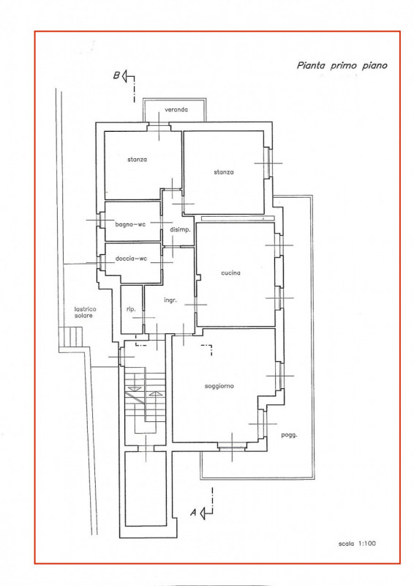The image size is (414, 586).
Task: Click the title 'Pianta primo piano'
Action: [342, 66]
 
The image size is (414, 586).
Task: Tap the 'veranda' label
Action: [176, 109]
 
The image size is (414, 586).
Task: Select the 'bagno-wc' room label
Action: [130, 224]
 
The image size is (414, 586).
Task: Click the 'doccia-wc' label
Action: [131, 259]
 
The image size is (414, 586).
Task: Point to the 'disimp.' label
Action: [181, 230]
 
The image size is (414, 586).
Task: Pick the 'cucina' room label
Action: [230, 272]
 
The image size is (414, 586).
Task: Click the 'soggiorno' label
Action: [219, 386]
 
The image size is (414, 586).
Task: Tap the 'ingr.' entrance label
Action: [170, 300]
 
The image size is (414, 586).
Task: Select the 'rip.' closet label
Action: [131, 309]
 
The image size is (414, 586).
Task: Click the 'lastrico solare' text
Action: [85, 313]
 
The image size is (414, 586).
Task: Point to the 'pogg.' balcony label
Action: [289, 435]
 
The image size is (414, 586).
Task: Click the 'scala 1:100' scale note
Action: [357, 544]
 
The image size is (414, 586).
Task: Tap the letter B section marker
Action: [116, 75]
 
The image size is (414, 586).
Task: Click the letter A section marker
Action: [193, 512]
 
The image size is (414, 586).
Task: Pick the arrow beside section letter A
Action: [206, 513]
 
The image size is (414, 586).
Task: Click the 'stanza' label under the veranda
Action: [137, 160]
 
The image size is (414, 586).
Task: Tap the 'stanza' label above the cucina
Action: [224, 172]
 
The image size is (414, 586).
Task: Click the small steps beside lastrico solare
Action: [71, 337]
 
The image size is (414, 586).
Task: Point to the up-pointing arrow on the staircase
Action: [156, 393]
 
